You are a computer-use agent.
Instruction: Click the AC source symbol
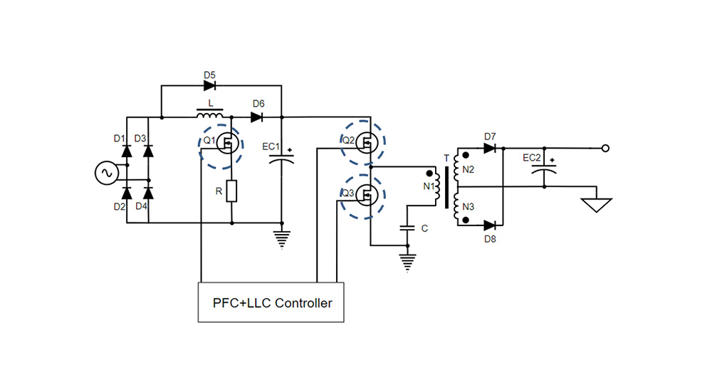pos(109,172)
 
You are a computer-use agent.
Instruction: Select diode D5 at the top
pos(209,85)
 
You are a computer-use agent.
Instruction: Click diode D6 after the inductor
pos(258,117)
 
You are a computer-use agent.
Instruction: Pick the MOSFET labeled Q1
pos(226,144)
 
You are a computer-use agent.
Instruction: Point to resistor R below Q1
pos(231,191)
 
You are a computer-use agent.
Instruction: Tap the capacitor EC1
pos(282,161)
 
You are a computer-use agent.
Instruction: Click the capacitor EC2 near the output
pos(545,170)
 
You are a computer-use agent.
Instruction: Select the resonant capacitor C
pos(407,228)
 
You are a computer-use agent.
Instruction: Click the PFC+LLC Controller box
pos(271,302)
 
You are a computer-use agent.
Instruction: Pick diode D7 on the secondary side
pos(489,148)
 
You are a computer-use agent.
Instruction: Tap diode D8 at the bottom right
pos(489,225)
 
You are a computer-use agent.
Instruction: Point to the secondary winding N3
pos(456,206)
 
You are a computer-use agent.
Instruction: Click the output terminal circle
pos(605,148)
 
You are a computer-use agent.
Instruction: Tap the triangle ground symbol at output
pos(596,205)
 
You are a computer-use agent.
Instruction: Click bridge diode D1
pos(127,151)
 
